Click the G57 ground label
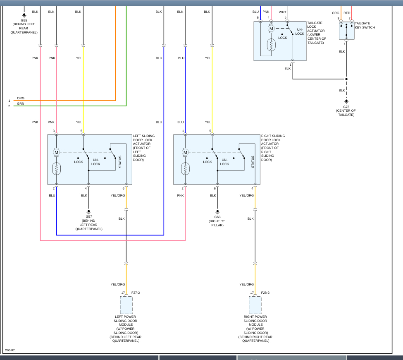tap(89, 216)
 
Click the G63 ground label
tap(217, 217)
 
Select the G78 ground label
tap(346, 106)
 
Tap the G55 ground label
tap(24, 20)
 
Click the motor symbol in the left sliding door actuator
tap(56, 153)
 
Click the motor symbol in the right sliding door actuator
tap(185, 153)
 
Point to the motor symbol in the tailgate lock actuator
tap(271, 29)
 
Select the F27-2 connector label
tap(136, 293)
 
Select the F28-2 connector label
tap(265, 293)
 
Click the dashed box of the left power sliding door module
tap(126, 305)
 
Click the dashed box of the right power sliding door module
tap(255, 305)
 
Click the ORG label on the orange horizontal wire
tap(21, 98)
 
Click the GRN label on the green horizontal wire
tap(21, 104)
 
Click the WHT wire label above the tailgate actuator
tap(282, 12)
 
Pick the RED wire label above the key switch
tap(347, 13)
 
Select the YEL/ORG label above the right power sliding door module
tap(247, 284)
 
